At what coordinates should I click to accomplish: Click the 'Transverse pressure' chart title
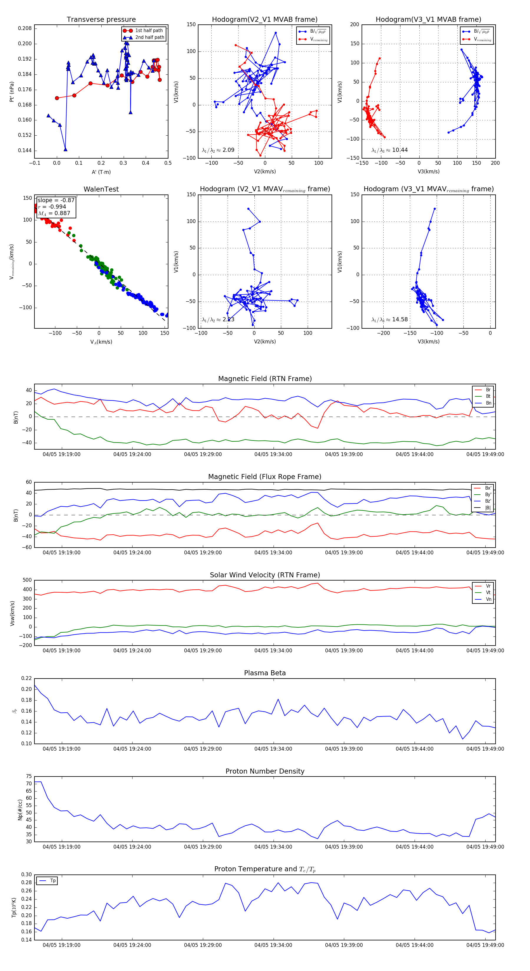pyautogui.click(x=101, y=20)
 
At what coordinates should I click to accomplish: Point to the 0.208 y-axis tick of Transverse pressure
pyautogui.click(x=25, y=28)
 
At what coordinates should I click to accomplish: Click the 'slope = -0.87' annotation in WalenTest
pyautogui.click(x=56, y=200)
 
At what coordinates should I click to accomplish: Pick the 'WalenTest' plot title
pyautogui.click(x=101, y=189)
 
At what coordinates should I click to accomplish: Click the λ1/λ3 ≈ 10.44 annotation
pyautogui.click(x=389, y=150)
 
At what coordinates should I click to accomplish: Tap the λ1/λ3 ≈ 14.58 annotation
pyautogui.click(x=389, y=320)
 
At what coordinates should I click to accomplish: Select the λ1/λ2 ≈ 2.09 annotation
pyautogui.click(x=218, y=150)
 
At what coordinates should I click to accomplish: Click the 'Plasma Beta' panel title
pyautogui.click(x=265, y=673)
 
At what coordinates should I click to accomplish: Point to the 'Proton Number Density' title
pyautogui.click(x=265, y=771)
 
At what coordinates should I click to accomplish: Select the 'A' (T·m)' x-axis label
pyautogui.click(x=101, y=172)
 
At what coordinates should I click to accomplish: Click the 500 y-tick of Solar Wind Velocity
pyautogui.click(x=27, y=580)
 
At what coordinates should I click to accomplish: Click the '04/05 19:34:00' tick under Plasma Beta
pyautogui.click(x=273, y=749)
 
